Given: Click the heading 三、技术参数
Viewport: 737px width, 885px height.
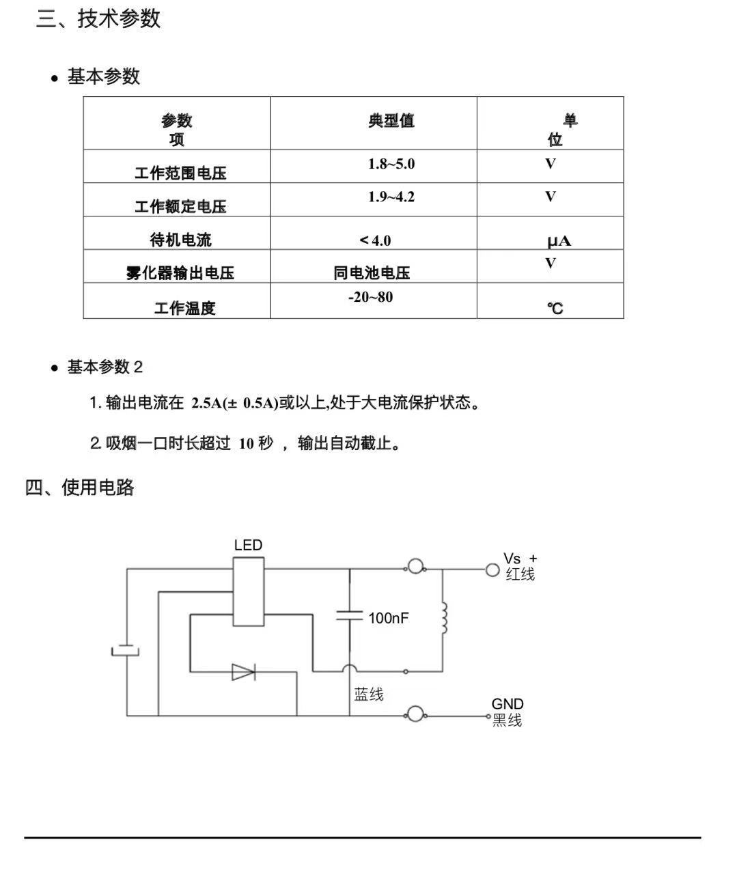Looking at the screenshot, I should (98, 18).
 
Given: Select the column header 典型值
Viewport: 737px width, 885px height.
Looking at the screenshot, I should (391, 121).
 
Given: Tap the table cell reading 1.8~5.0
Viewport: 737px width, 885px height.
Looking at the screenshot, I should (391, 164).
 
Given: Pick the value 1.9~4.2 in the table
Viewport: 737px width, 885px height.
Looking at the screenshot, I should (391, 197).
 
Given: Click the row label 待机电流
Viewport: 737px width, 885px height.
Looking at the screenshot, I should (180, 240).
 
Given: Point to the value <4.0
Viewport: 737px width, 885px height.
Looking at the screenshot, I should (376, 240).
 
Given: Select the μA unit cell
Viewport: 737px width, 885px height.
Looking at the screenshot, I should (558, 241).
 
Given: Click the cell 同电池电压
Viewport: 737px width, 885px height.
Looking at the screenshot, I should (372, 273).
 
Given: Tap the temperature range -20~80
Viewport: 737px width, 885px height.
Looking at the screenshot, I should (370, 297).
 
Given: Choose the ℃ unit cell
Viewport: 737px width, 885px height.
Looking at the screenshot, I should (555, 309).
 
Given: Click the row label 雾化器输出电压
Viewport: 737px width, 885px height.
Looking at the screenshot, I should (180, 273).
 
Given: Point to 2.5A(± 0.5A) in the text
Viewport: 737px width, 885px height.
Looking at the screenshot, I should (234, 403).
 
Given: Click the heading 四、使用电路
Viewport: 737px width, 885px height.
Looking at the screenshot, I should (79, 488).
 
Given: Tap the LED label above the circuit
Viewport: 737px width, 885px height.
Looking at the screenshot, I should (248, 545).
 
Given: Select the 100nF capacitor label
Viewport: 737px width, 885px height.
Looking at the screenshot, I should (388, 618).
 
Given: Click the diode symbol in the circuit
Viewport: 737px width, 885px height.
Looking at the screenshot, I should (243, 672).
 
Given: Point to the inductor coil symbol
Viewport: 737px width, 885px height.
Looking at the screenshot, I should (444, 618).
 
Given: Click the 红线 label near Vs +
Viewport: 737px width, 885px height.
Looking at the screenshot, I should (520, 574).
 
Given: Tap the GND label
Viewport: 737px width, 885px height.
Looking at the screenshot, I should (507, 704).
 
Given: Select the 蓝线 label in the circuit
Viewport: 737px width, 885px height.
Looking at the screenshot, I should (369, 694).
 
